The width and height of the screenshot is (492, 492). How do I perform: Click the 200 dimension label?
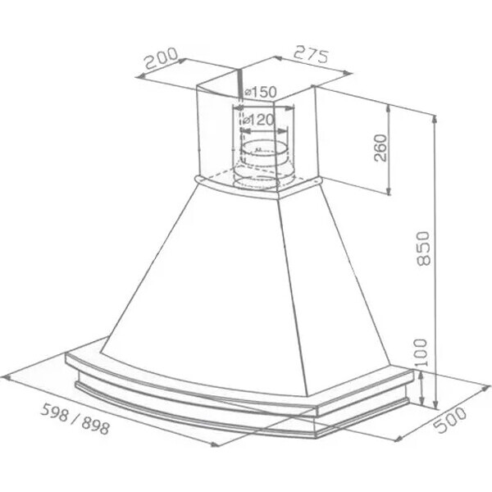tap(162, 58)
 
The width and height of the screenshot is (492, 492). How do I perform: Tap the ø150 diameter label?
tap(260, 92)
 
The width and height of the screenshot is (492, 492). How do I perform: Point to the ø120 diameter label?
tap(259, 120)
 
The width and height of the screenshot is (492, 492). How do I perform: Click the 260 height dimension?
tap(380, 148)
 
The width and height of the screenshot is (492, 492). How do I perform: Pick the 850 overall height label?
tap(423, 248)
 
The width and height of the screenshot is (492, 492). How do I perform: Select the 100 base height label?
tap(421, 353)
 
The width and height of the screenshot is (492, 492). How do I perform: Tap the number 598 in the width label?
tap(55, 412)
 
